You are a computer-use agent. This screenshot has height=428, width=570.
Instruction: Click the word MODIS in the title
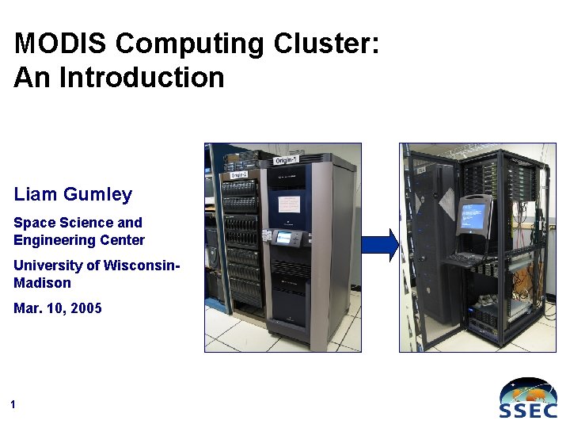coord(52,43)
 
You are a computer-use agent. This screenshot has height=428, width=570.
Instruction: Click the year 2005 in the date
coord(85,308)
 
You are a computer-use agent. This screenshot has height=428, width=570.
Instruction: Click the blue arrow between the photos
coord(381,245)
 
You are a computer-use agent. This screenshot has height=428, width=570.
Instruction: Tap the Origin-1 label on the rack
coord(286,161)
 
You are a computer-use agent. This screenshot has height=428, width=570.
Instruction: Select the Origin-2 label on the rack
coord(239,174)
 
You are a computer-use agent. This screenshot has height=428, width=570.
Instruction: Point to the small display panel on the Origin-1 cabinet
coord(283,237)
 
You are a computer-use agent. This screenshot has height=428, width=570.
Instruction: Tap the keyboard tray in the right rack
coord(468,258)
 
